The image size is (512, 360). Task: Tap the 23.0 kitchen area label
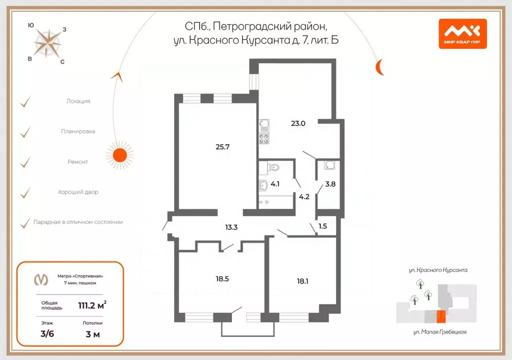[298, 122]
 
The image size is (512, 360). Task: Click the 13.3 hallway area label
[231, 227]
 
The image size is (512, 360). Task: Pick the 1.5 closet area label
[322, 226]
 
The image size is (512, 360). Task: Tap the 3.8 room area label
[330, 183]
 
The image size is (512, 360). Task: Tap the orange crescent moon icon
[380, 66]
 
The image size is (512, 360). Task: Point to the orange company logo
[462, 33]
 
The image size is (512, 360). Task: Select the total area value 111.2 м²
[92, 305]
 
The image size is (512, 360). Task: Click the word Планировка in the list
[78, 131]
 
